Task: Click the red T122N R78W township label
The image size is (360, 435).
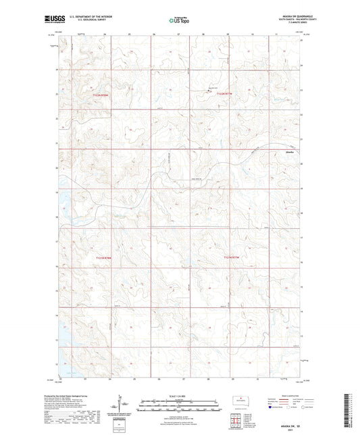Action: pos(100,95)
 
